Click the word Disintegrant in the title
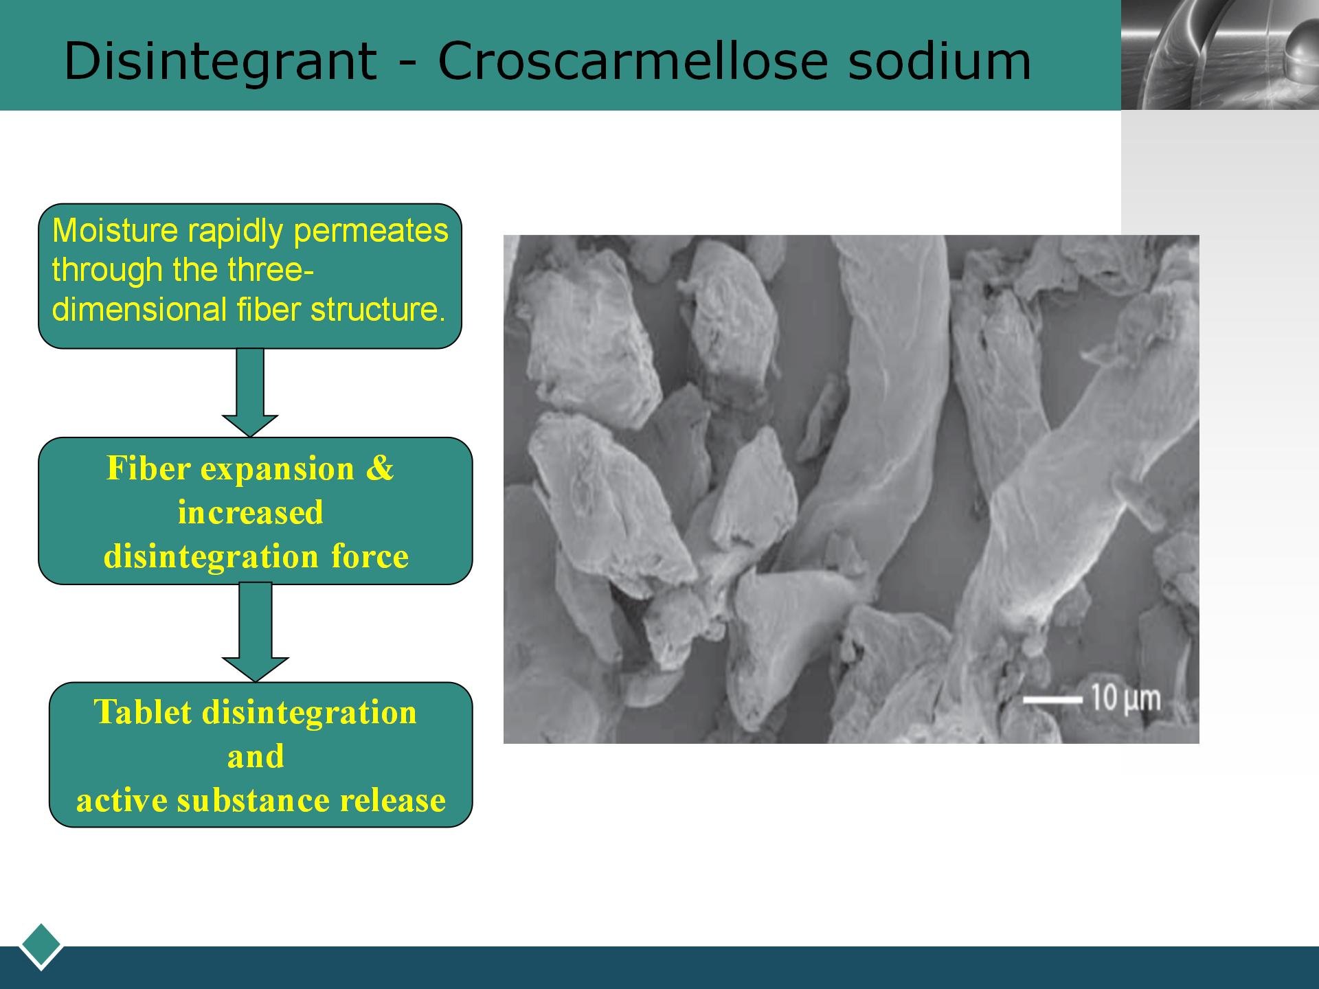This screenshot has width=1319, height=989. coord(221,62)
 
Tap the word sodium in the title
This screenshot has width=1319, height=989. coord(939,60)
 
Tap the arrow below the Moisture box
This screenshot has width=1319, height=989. coord(250,392)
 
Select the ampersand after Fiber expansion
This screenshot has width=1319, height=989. coord(379,468)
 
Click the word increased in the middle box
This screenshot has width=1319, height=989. coord(251,512)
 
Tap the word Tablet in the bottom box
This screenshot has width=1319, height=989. coord(143,712)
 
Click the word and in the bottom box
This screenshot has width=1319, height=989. coord(256,756)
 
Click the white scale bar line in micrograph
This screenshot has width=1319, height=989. coord(1052,700)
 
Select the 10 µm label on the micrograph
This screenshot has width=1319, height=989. coord(1126,698)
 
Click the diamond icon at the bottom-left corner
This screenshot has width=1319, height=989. coord(41,946)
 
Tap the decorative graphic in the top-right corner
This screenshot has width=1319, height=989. coord(1220,55)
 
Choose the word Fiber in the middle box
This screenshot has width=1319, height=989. coord(148,468)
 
